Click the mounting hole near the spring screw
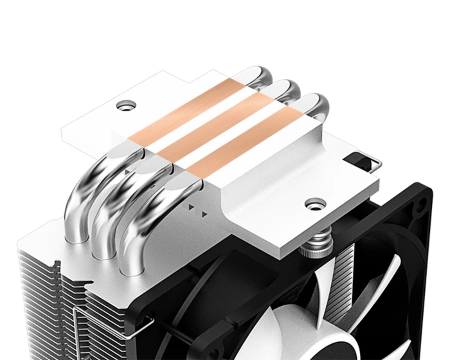(314, 205)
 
